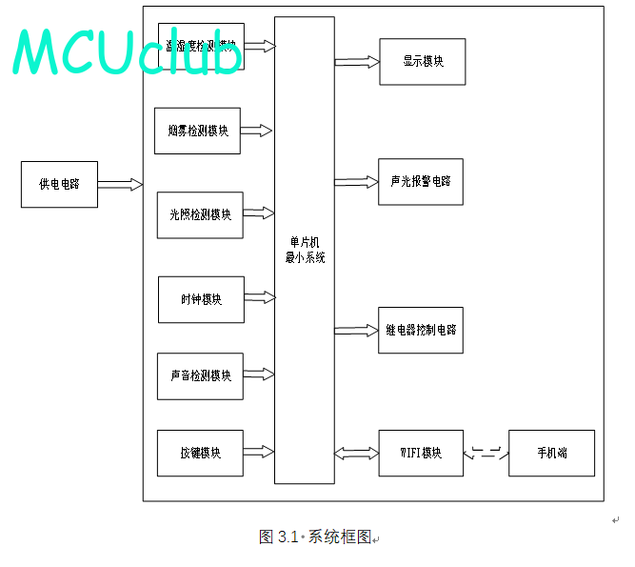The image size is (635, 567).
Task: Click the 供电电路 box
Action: click(x=59, y=184)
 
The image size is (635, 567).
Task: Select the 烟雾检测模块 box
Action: click(x=197, y=131)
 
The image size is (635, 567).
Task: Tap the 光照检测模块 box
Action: click(x=200, y=214)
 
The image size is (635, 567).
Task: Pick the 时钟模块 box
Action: click(x=201, y=299)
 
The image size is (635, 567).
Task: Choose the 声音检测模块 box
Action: click(x=200, y=375)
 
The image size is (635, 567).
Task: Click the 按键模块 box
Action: click(x=200, y=453)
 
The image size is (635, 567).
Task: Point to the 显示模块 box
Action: click(x=422, y=62)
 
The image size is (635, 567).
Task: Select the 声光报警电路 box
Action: click(x=420, y=181)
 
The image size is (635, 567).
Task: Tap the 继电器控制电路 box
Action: click(x=420, y=330)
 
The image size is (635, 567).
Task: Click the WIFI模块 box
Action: click(x=421, y=453)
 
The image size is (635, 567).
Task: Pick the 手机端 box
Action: click(x=551, y=453)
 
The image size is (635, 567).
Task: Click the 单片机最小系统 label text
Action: click(x=305, y=251)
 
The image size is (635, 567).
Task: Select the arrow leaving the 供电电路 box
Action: click(x=120, y=184)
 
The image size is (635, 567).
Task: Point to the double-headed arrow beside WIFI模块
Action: click(x=357, y=453)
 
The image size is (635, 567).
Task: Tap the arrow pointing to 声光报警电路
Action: click(x=357, y=181)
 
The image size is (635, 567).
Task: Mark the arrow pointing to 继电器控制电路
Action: click(x=357, y=331)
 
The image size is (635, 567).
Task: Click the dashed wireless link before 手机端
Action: click(x=486, y=454)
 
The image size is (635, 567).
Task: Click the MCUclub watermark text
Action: click(x=128, y=52)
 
